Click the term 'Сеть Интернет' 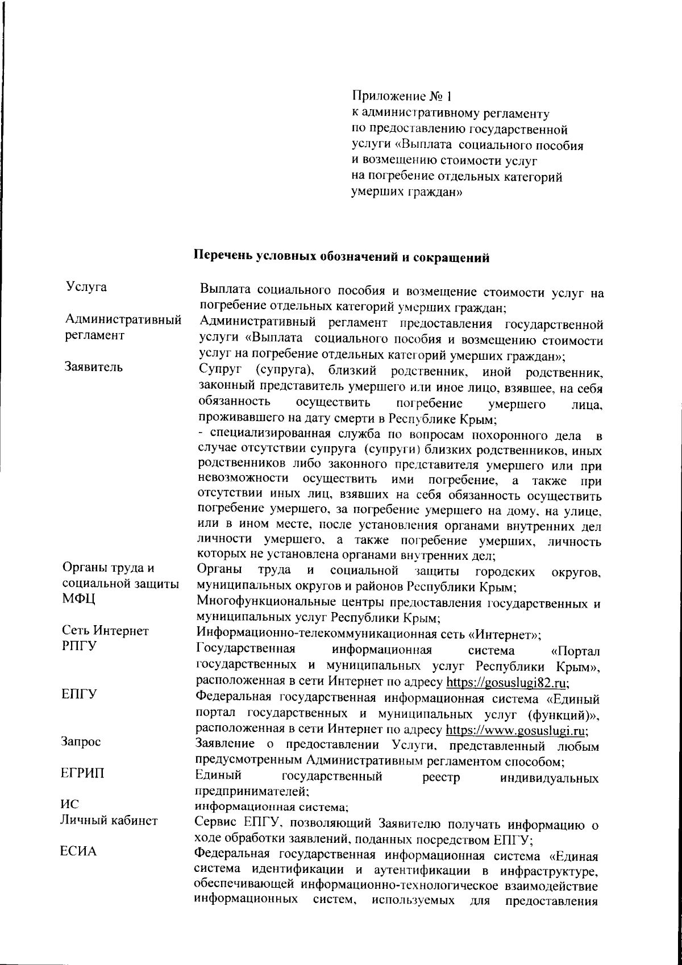pyautogui.click(x=105, y=631)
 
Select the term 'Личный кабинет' pyautogui.click(x=109, y=820)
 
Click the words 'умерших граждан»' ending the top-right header pyautogui.click(x=407, y=192)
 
